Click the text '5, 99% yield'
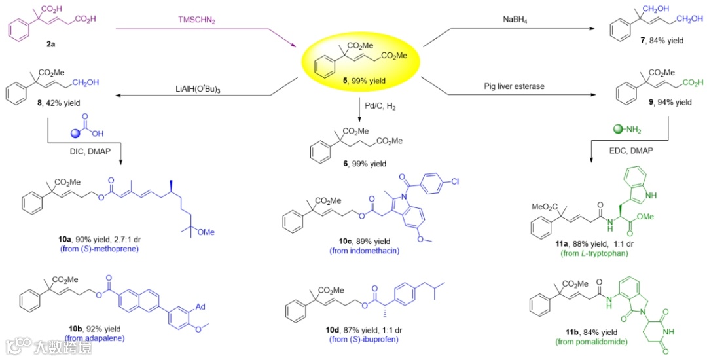click(x=360, y=81)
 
